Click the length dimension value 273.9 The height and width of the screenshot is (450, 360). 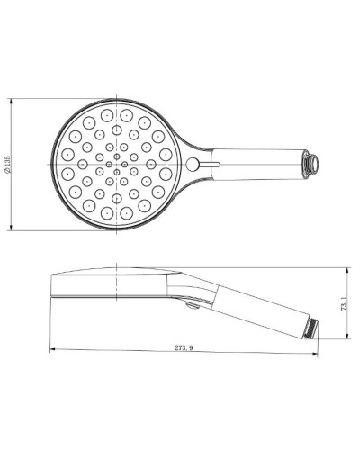click(x=183, y=349)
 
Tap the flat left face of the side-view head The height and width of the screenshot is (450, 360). click(x=55, y=286)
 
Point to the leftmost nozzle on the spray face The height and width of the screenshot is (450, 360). click(x=66, y=165)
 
